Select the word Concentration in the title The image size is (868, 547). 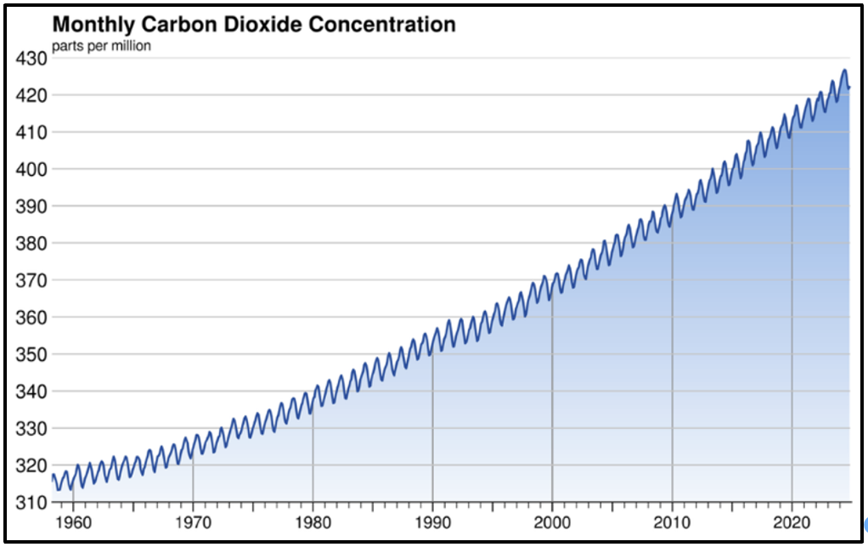(381, 25)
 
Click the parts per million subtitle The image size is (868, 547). (101, 46)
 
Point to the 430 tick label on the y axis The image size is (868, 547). (31, 59)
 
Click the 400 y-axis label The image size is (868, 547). (31, 169)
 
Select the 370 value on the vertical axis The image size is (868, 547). (31, 280)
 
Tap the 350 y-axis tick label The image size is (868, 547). (31, 354)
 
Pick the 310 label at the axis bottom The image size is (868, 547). (31, 502)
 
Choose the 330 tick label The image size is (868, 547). (31, 428)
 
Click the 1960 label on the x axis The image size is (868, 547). (73, 521)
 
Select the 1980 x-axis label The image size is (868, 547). (313, 521)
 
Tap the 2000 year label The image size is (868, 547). (552, 521)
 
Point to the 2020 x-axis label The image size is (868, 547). (792, 521)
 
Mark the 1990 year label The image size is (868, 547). (432, 521)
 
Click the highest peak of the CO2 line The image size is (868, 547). (844, 70)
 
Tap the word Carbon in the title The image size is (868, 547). (178, 25)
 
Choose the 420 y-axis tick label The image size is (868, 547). (31, 95)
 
